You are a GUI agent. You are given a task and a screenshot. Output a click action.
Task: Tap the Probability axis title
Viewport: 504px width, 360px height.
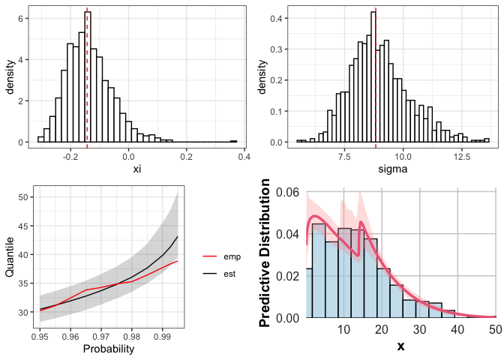coord(109,349)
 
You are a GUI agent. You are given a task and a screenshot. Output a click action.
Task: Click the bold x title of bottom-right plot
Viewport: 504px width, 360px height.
coord(400,347)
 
